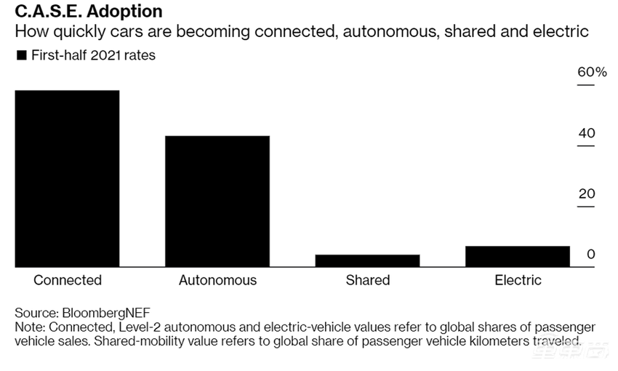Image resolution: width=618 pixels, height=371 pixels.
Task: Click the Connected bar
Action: click(67, 178)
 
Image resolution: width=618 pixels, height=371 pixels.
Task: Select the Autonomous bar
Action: click(217, 201)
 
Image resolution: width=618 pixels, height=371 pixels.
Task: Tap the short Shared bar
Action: click(367, 260)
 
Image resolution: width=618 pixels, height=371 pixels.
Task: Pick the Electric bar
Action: click(518, 256)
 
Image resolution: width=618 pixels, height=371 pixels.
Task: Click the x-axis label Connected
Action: click(68, 280)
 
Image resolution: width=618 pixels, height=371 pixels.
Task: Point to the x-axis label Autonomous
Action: click(217, 280)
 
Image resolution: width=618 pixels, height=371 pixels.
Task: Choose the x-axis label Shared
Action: click(368, 280)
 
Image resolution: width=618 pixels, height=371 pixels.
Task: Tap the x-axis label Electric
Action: click(518, 280)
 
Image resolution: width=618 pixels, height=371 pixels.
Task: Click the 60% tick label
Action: click(592, 72)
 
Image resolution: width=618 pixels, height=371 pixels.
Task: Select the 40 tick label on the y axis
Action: click(587, 133)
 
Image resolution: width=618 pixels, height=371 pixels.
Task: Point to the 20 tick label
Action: click(587, 194)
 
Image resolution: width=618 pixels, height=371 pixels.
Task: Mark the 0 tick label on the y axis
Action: click(591, 255)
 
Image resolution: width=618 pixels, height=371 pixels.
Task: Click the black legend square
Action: click(21, 55)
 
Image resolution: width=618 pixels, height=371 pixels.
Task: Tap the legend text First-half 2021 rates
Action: click(93, 55)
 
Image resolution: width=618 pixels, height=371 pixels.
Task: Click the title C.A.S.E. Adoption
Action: click(89, 12)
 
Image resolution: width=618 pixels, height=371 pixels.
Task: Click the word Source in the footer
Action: click(36, 314)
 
